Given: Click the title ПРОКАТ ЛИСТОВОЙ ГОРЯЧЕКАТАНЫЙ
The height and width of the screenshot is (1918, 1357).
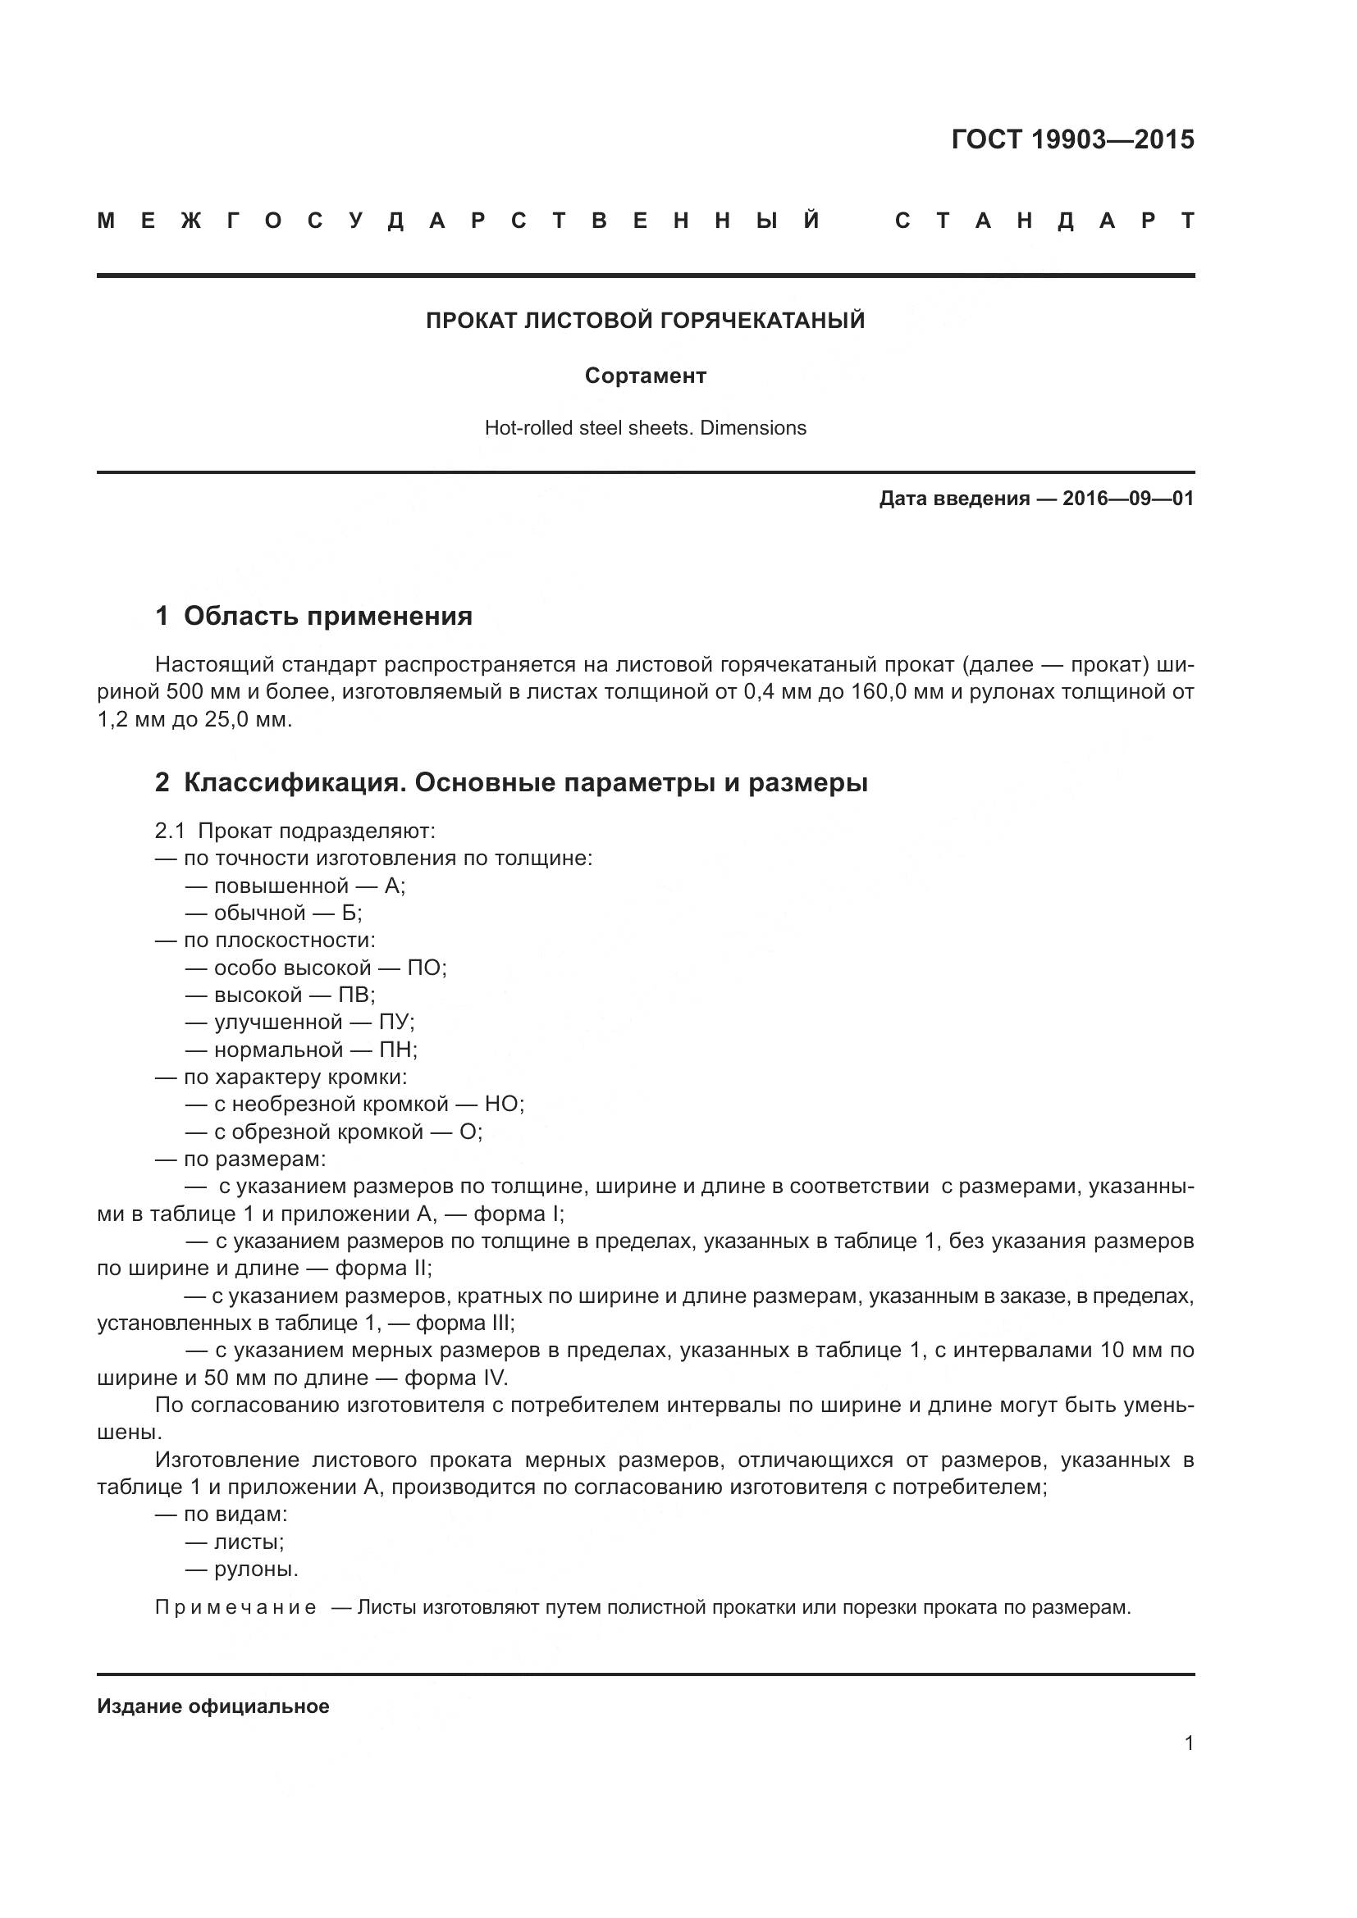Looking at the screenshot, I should pyautogui.click(x=645, y=321).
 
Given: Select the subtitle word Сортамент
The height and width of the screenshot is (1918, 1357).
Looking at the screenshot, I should pyautogui.click(x=645, y=376).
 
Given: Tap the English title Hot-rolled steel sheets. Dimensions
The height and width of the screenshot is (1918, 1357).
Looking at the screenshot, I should pyautogui.click(x=645, y=428).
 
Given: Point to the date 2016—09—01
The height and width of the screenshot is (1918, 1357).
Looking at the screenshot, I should pyautogui.click(x=1127, y=499).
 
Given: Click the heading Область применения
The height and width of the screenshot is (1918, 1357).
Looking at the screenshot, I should pyautogui.click(x=327, y=617).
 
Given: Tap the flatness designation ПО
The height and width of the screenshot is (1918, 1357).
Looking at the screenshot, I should pyautogui.click(x=425, y=968).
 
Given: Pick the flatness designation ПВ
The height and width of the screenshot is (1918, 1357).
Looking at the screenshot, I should pyautogui.click(x=355, y=995).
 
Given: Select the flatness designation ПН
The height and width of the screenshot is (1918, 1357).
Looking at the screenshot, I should pyautogui.click(x=397, y=1050).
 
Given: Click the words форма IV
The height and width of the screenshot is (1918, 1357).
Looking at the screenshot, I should pyautogui.click(x=455, y=1378).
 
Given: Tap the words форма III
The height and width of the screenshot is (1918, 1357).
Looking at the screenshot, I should pyautogui.click(x=464, y=1323).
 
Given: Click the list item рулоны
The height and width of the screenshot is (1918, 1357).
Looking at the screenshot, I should pyautogui.click(x=256, y=1569).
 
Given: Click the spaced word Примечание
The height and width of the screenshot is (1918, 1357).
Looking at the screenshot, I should pyautogui.click(x=235, y=1608).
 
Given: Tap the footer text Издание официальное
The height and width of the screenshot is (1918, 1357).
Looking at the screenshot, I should pyautogui.click(x=213, y=1706).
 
